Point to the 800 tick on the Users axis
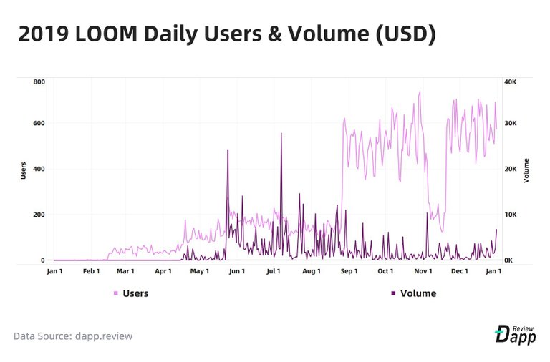coord(39,82)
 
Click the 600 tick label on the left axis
coord(39,123)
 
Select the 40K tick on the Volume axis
coord(511,82)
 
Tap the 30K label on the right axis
coord(511,123)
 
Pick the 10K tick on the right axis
coord(511,215)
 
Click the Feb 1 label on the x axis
coord(91,271)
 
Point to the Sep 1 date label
coord(349,271)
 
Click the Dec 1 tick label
coord(459,271)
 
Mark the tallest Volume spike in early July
coord(281,134)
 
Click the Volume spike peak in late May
coord(228,150)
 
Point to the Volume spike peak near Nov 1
coord(427,213)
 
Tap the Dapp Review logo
coord(515,334)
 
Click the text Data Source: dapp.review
coord(72,336)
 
